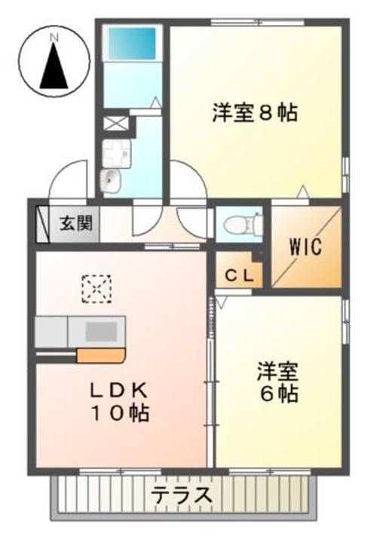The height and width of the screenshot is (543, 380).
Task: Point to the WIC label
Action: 306,247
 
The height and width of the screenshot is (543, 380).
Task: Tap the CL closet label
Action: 238,275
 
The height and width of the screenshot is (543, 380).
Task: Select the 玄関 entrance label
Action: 76,223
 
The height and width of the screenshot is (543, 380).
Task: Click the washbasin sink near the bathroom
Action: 111,179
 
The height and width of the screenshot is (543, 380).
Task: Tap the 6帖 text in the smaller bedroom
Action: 280,393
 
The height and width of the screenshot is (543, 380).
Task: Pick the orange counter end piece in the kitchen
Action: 100,355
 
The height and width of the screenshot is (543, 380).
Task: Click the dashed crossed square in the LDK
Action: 97,288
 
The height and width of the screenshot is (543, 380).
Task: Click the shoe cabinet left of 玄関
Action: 42,223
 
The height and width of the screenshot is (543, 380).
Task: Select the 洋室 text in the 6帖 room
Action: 279,370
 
